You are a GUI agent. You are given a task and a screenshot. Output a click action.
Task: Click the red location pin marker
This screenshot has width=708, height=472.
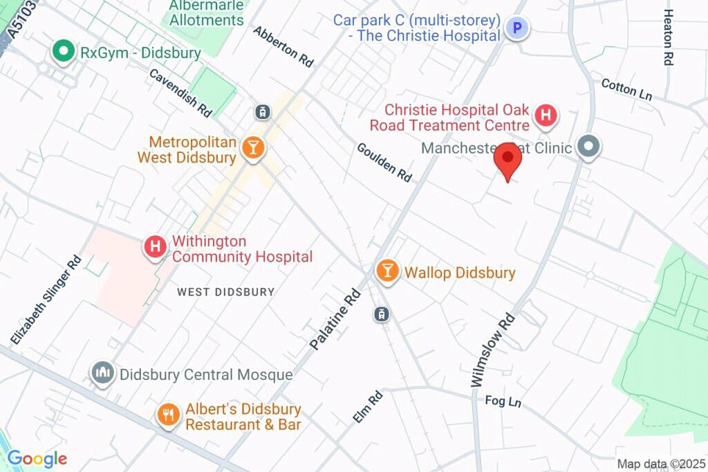coord(508,158)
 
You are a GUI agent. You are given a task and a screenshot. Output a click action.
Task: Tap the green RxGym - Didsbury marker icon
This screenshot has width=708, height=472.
coord(64,52)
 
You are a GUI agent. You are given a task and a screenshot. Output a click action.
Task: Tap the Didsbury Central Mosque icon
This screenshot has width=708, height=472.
coord(103,374)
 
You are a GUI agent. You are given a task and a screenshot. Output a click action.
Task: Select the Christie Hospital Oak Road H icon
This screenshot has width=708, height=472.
coord(546,116)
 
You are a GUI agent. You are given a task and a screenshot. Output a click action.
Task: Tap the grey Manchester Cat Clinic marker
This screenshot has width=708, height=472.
coord(588,147)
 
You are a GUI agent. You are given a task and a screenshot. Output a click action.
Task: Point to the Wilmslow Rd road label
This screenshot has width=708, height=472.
coord(493,350)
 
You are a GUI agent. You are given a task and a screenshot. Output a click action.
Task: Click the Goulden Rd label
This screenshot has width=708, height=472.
coord(384,162)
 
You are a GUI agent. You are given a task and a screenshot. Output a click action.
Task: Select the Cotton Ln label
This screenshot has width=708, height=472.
coord(626,89)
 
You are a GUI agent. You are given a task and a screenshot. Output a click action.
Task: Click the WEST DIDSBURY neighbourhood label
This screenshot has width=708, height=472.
coord(225,292)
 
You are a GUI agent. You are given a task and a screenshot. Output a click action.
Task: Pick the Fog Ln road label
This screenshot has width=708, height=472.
coord(503,401)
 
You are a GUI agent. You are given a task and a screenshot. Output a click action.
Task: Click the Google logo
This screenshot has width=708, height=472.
coord(37,458)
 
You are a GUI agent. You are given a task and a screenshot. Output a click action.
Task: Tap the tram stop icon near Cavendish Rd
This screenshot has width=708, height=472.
coord(263,111)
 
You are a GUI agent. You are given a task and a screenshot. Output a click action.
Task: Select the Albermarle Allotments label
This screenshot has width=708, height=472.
coord(207,12)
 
